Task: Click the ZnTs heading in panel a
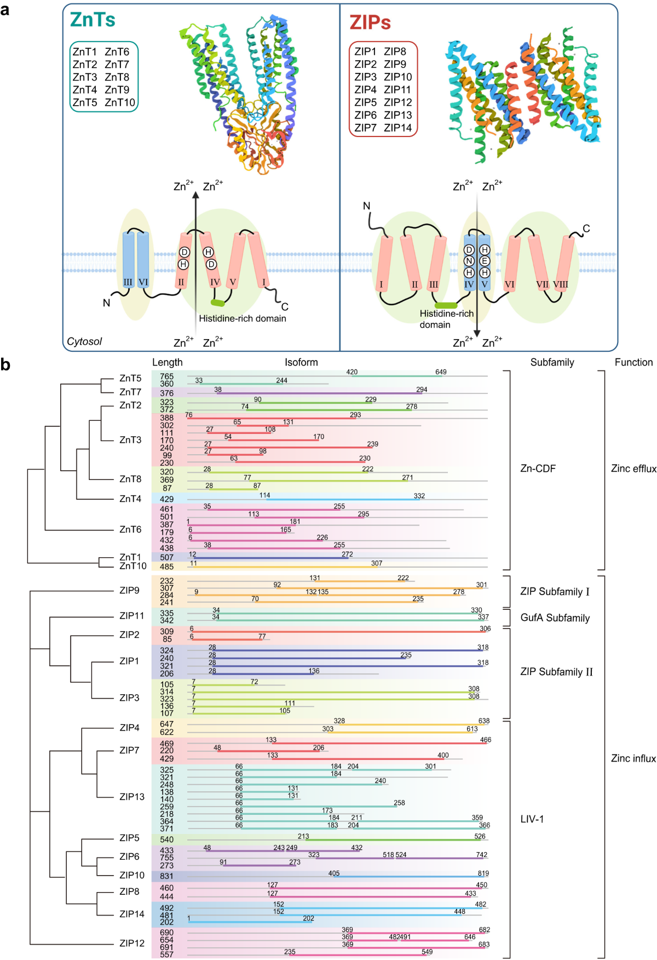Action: (x=93, y=20)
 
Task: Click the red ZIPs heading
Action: (x=370, y=22)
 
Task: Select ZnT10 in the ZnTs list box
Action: (x=120, y=102)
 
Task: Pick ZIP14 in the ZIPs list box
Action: (x=398, y=128)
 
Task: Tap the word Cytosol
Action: (x=84, y=341)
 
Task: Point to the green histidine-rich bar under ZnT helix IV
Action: (x=217, y=302)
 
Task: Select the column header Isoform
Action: (x=301, y=362)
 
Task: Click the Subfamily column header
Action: (x=552, y=362)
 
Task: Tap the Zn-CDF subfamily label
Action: (x=538, y=468)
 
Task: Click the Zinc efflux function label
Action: (x=633, y=468)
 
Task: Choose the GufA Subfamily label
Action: (x=555, y=618)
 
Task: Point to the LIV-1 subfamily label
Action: (x=532, y=819)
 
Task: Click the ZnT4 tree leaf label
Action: (x=130, y=499)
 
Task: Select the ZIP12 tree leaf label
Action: (x=132, y=943)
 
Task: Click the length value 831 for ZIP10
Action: (x=166, y=876)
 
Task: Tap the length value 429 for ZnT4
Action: (x=166, y=499)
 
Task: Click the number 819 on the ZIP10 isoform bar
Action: (x=483, y=873)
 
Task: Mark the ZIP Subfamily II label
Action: (x=557, y=672)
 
